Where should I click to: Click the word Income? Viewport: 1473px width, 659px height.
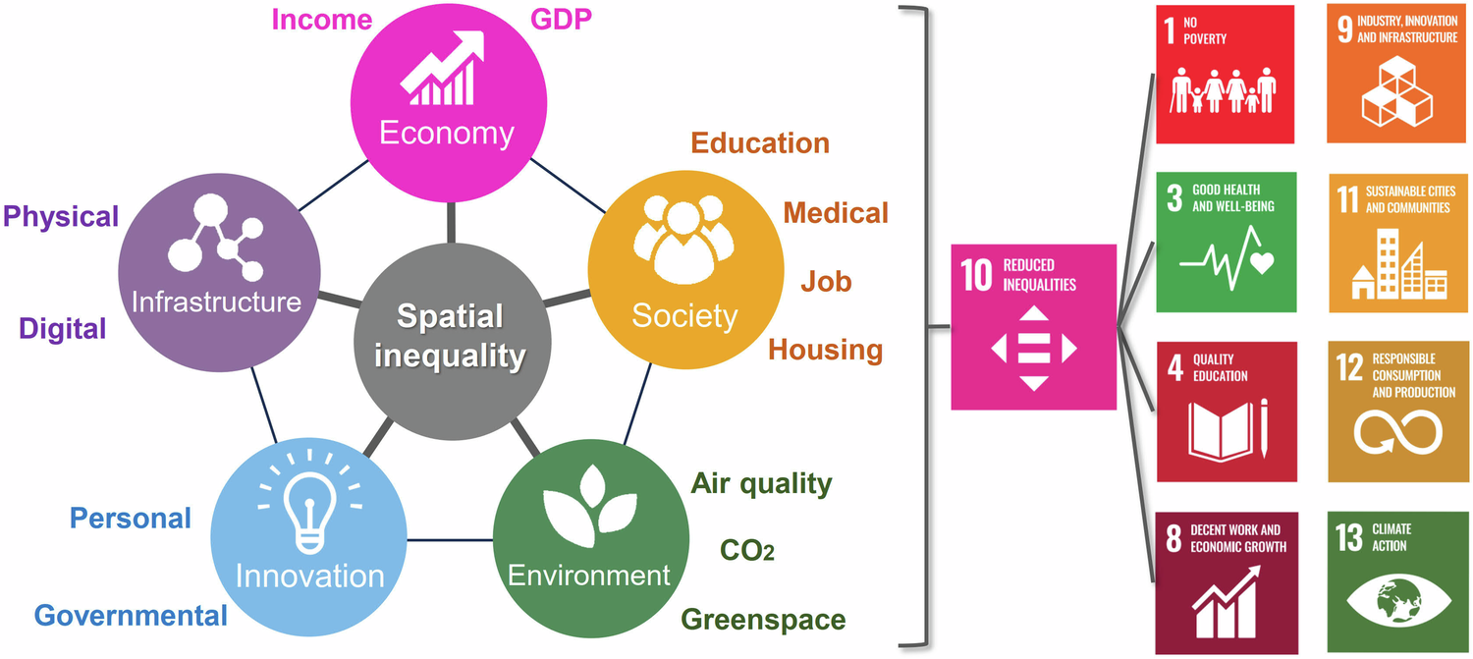322,19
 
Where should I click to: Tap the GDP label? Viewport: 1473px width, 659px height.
561,19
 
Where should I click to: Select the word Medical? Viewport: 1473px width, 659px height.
835,212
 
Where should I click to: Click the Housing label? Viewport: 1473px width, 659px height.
825,350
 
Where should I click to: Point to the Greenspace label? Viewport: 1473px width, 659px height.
763,620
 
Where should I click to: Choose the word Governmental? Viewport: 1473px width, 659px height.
131,616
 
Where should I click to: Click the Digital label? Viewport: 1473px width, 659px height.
62,328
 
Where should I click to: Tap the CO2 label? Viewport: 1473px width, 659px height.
747,550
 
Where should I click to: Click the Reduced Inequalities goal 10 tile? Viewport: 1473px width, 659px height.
1034,326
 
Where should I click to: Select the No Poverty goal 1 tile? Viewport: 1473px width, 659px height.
1225,74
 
